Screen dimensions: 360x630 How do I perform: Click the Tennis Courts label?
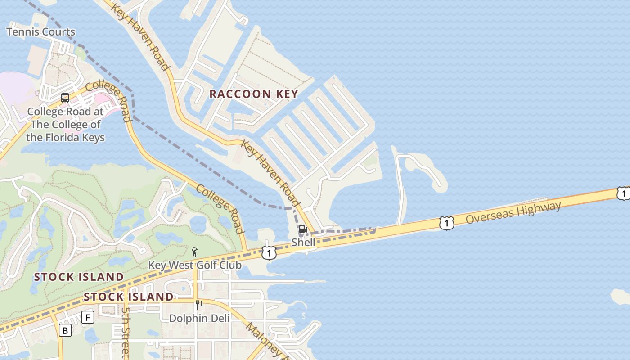pos(40,32)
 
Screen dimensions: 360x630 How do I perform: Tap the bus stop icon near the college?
pos(65,98)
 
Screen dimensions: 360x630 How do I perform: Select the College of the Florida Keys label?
pos(65,125)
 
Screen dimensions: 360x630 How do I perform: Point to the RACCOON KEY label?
pos(254,94)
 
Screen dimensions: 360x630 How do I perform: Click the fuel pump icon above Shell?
pos(303,229)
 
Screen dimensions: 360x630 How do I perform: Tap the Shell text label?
pos(303,242)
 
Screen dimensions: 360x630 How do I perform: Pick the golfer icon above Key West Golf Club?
pos(194,252)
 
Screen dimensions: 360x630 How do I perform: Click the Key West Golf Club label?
pos(195,265)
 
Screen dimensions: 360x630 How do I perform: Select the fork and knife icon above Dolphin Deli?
pos(199,305)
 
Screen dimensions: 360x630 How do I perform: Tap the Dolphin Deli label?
pos(199,318)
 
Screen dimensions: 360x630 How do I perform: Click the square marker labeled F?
pos(87,318)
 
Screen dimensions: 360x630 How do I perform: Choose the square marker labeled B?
pos(65,331)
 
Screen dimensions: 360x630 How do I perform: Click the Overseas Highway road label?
pos(513,213)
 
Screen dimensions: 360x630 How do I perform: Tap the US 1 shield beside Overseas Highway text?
pos(446,223)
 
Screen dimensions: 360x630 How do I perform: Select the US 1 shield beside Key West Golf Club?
pos(269,253)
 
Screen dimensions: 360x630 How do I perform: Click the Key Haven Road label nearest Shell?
pos(270,173)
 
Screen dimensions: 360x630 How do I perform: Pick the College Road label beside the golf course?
pos(220,209)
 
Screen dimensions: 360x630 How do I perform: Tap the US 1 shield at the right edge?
pos(623,193)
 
